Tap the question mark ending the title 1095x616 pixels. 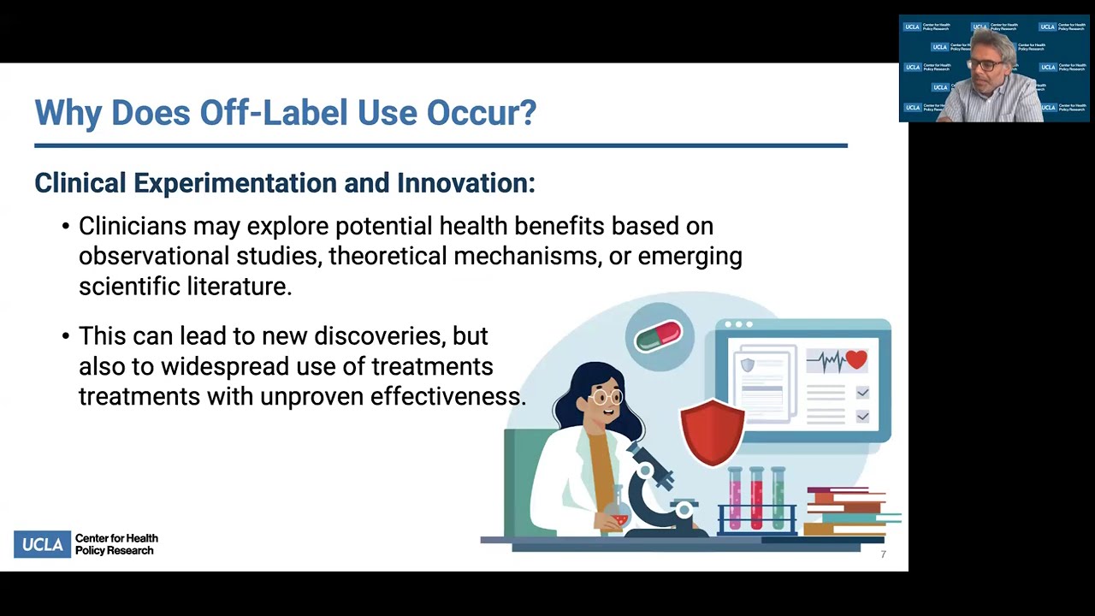click(529, 113)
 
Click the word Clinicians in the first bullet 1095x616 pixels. click(132, 226)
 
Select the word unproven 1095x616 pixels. click(312, 397)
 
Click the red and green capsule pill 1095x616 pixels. click(658, 335)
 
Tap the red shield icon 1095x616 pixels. click(712, 432)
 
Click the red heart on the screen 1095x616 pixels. click(855, 360)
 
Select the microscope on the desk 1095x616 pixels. click(654, 488)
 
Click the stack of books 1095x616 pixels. click(847, 511)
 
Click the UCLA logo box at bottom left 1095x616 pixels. click(42, 544)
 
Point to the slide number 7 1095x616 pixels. click(883, 554)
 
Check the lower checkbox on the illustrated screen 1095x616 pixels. click(862, 416)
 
